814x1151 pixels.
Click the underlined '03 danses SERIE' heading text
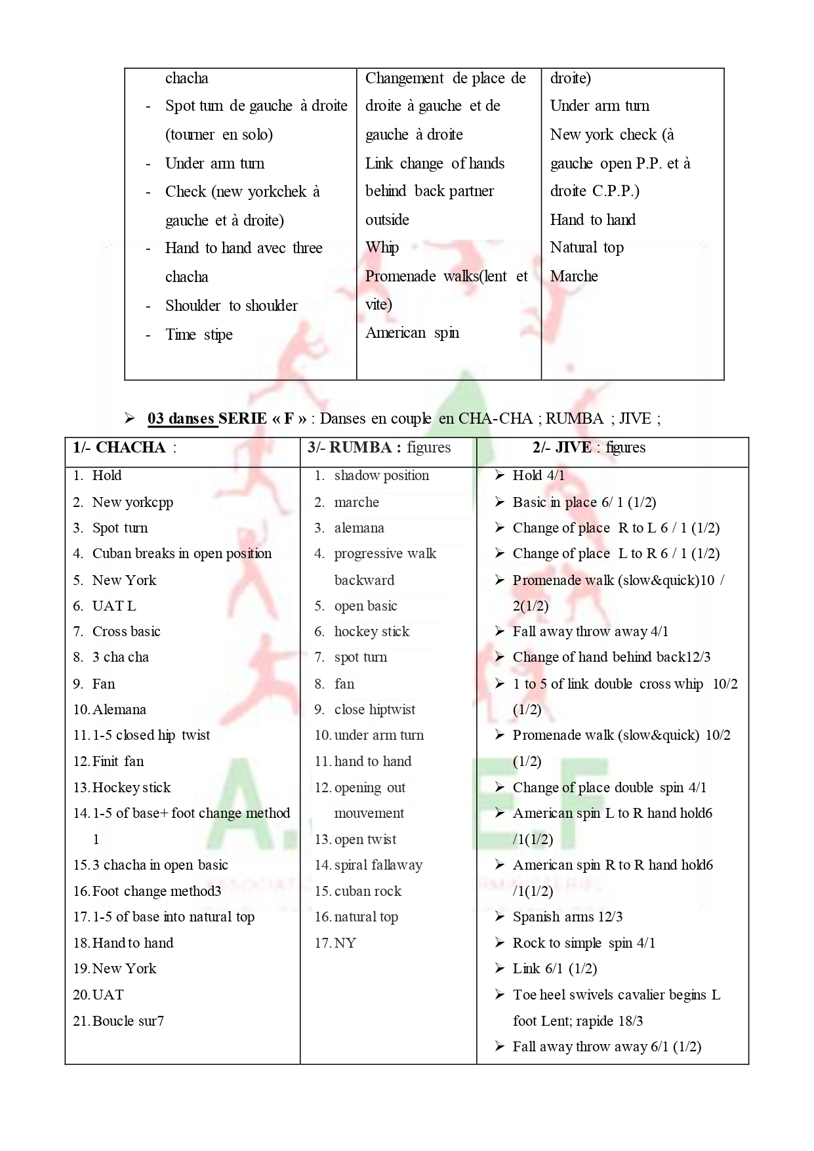(182, 418)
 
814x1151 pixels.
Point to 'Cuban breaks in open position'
(182, 554)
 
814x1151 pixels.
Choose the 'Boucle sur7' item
(128, 1021)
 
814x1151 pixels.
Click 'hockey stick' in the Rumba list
(371, 632)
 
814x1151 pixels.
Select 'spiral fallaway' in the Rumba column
(378, 865)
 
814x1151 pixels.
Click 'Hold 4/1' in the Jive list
(538, 475)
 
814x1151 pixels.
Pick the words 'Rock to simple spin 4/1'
(584, 943)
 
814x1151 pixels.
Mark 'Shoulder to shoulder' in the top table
(231, 306)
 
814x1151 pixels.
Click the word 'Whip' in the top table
(382, 247)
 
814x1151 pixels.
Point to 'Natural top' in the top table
(586, 247)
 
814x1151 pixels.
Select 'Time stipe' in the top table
(199, 334)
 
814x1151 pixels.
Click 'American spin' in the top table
(412, 333)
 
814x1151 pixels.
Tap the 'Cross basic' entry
(126, 632)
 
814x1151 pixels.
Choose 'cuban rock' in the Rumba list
(367, 891)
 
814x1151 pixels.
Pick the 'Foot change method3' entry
(156, 891)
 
